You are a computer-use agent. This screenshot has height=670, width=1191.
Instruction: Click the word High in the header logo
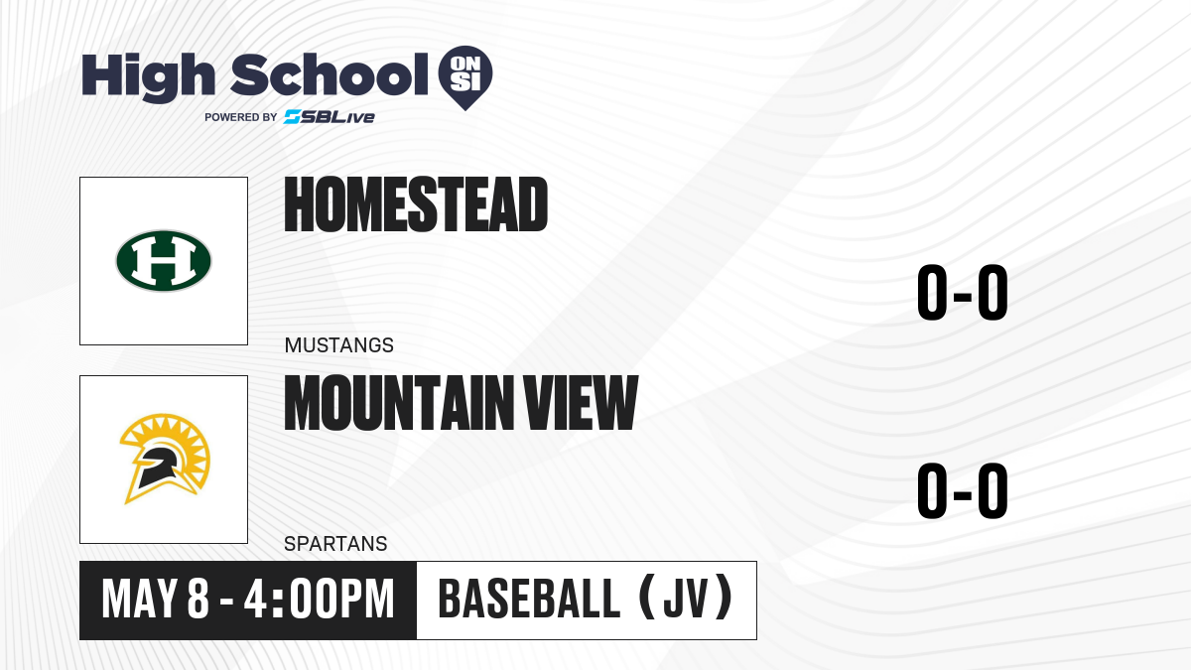(148, 77)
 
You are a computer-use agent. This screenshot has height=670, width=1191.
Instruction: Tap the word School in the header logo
(330, 74)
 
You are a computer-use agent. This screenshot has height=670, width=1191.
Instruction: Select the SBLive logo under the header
(330, 117)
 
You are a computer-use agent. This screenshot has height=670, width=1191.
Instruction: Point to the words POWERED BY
(241, 117)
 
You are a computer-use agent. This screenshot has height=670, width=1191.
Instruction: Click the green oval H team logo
(164, 260)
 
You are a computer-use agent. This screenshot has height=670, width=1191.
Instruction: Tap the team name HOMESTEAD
(416, 204)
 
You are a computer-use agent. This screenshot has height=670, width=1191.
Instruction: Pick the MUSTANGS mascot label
(339, 345)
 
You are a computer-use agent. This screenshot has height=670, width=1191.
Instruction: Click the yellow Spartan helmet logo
(165, 459)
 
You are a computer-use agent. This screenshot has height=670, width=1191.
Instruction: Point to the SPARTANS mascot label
(335, 544)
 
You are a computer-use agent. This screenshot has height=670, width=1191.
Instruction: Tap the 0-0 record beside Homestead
(963, 293)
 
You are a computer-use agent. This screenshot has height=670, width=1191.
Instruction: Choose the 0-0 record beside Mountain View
(963, 490)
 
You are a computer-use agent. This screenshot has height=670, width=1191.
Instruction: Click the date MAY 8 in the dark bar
(155, 600)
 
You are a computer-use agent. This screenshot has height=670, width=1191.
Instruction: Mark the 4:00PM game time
(319, 600)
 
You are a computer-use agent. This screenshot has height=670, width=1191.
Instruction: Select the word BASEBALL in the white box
(529, 600)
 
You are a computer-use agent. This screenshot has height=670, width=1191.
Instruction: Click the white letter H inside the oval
(164, 260)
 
